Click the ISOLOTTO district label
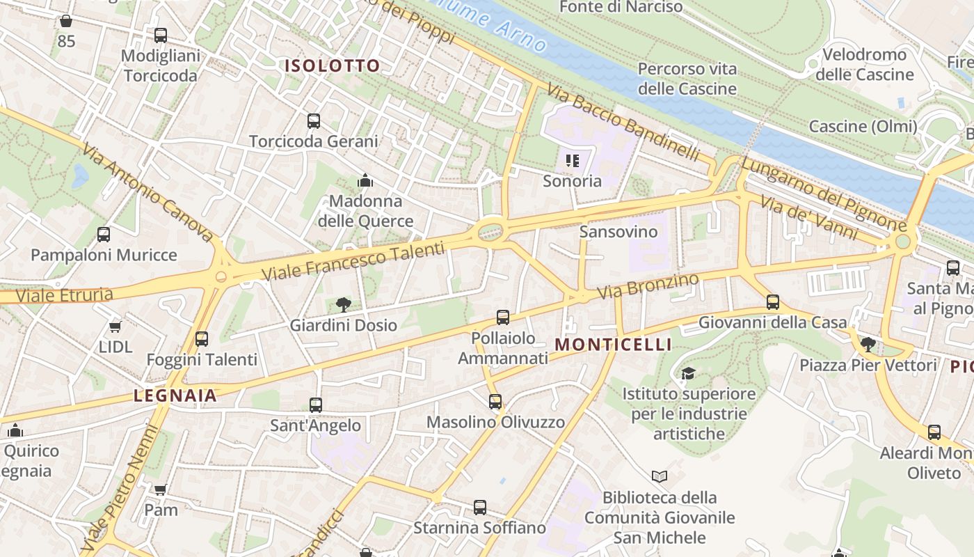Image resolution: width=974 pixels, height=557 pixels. click(x=333, y=66)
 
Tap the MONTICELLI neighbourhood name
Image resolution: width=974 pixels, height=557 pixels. click(x=613, y=345)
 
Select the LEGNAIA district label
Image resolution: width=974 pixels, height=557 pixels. click(x=175, y=396)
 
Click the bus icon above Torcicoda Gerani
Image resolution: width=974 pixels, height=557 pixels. click(x=314, y=121)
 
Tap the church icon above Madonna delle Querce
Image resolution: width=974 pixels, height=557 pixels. click(x=365, y=181)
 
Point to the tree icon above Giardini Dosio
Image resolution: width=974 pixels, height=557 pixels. click(x=343, y=304)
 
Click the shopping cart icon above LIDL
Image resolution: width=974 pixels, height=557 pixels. click(x=115, y=327)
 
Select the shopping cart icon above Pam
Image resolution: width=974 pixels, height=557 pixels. click(x=161, y=489)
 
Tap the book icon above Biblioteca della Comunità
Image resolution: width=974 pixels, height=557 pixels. click(x=659, y=477)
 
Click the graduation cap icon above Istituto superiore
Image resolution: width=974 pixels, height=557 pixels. click(x=688, y=373)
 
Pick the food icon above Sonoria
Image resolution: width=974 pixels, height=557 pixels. click(x=573, y=162)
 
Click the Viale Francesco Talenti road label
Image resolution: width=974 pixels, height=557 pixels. click(x=353, y=261)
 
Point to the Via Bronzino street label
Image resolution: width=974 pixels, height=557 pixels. click(x=648, y=287)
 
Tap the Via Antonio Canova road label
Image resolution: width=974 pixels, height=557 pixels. click(x=147, y=193)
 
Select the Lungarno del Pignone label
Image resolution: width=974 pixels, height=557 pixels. click(x=824, y=195)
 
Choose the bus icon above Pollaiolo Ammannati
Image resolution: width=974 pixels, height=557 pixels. click(x=503, y=317)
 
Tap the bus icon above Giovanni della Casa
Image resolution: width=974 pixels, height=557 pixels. click(x=772, y=302)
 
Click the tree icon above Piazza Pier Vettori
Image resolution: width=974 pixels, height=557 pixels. click(x=868, y=344)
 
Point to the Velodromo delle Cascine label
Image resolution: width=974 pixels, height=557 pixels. click(x=864, y=64)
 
